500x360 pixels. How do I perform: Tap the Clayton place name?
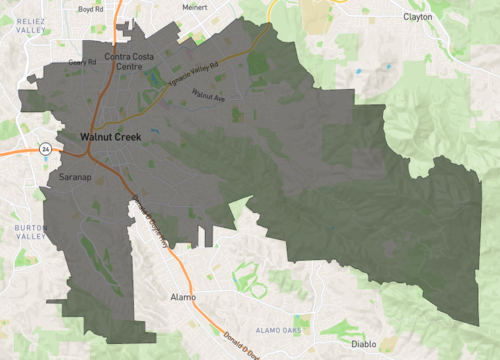click(418, 17)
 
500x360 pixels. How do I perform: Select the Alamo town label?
click(183, 297)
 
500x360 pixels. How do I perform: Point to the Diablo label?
click(364, 344)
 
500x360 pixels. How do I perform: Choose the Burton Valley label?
click(31, 233)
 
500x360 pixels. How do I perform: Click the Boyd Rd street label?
click(91, 9)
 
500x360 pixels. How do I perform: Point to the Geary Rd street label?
click(82, 62)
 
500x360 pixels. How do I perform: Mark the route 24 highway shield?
click(44, 149)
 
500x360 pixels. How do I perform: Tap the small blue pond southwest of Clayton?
click(358, 71)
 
